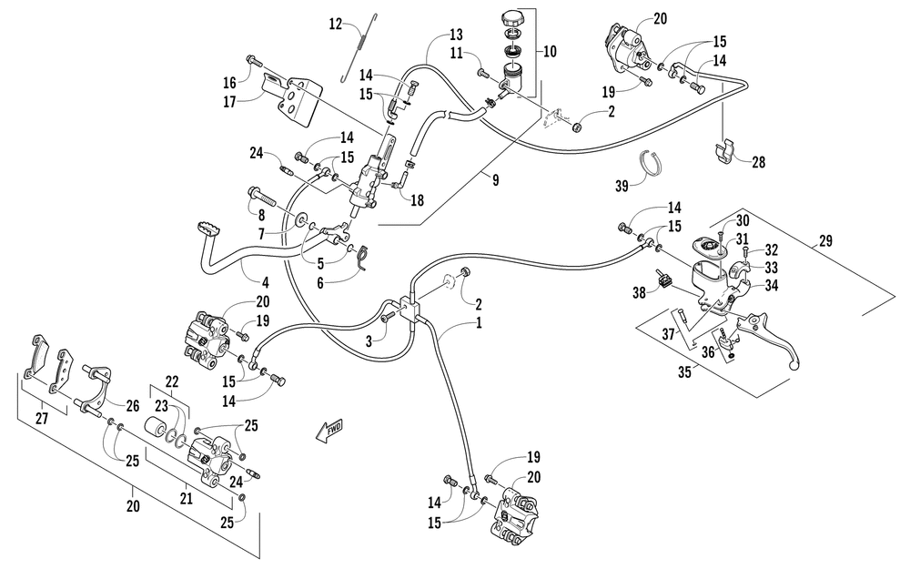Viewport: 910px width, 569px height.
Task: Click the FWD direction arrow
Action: [329, 431]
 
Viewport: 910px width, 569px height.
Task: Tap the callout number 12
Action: [336, 25]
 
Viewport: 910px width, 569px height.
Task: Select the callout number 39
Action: [622, 186]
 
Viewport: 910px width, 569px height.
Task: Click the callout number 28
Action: [759, 162]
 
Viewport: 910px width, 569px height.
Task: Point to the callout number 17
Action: [230, 102]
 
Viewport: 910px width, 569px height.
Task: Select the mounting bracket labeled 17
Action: [293, 97]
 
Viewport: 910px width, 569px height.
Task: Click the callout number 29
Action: [825, 240]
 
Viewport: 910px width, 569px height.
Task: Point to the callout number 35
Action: [685, 371]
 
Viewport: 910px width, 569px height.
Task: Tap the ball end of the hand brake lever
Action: [795, 365]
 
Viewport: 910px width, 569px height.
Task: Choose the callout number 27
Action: [42, 418]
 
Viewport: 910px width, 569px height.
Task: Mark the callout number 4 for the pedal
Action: [265, 283]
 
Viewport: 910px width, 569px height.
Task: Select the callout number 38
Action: [639, 292]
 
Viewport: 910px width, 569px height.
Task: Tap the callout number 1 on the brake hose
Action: [479, 322]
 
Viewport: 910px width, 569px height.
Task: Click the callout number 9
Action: [495, 180]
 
